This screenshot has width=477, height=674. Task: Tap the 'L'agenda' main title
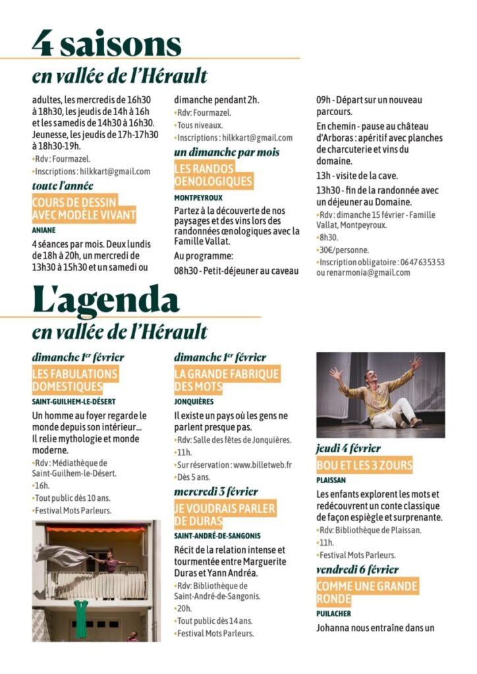coord(105,299)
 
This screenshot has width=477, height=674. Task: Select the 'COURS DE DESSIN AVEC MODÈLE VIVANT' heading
coord(84,209)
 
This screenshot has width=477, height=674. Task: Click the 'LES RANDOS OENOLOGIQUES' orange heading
coord(213,175)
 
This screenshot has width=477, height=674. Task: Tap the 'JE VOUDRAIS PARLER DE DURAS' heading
coord(225,514)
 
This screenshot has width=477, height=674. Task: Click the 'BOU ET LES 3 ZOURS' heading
coord(364,465)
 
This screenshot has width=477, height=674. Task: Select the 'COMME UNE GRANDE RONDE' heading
coord(367,592)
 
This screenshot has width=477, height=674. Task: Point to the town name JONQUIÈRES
coord(194,401)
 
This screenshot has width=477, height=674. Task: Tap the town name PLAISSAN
coord(331,480)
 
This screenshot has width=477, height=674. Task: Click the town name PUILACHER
coord(333,613)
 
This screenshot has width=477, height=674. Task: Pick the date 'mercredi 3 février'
coord(216,492)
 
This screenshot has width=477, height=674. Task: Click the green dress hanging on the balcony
coord(81,619)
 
